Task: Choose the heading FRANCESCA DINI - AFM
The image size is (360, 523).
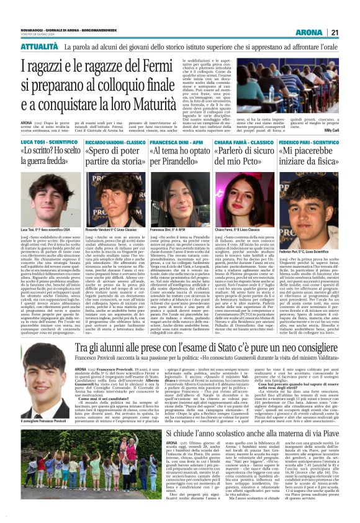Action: pyautogui.click(x=176, y=142)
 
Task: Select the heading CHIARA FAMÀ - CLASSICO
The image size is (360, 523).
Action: pyautogui.click(x=245, y=142)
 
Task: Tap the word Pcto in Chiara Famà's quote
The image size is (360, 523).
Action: pyautogui.click(x=268, y=168)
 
